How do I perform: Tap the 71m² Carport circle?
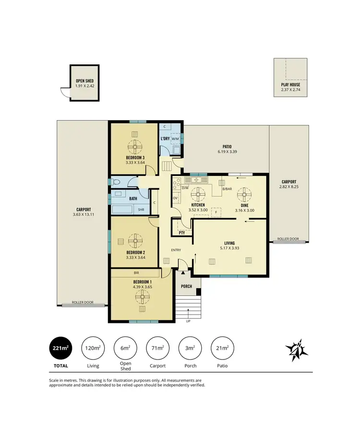click(x=157, y=348)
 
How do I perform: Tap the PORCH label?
click(x=186, y=286)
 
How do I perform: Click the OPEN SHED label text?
click(x=84, y=81)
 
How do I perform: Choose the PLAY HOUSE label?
click(x=290, y=85)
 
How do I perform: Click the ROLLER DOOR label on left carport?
click(x=83, y=303)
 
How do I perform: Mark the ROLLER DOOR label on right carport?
click(x=288, y=239)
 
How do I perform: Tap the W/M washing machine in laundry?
click(x=175, y=139)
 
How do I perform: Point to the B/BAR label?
click(x=227, y=189)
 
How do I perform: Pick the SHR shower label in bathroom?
click(x=142, y=209)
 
